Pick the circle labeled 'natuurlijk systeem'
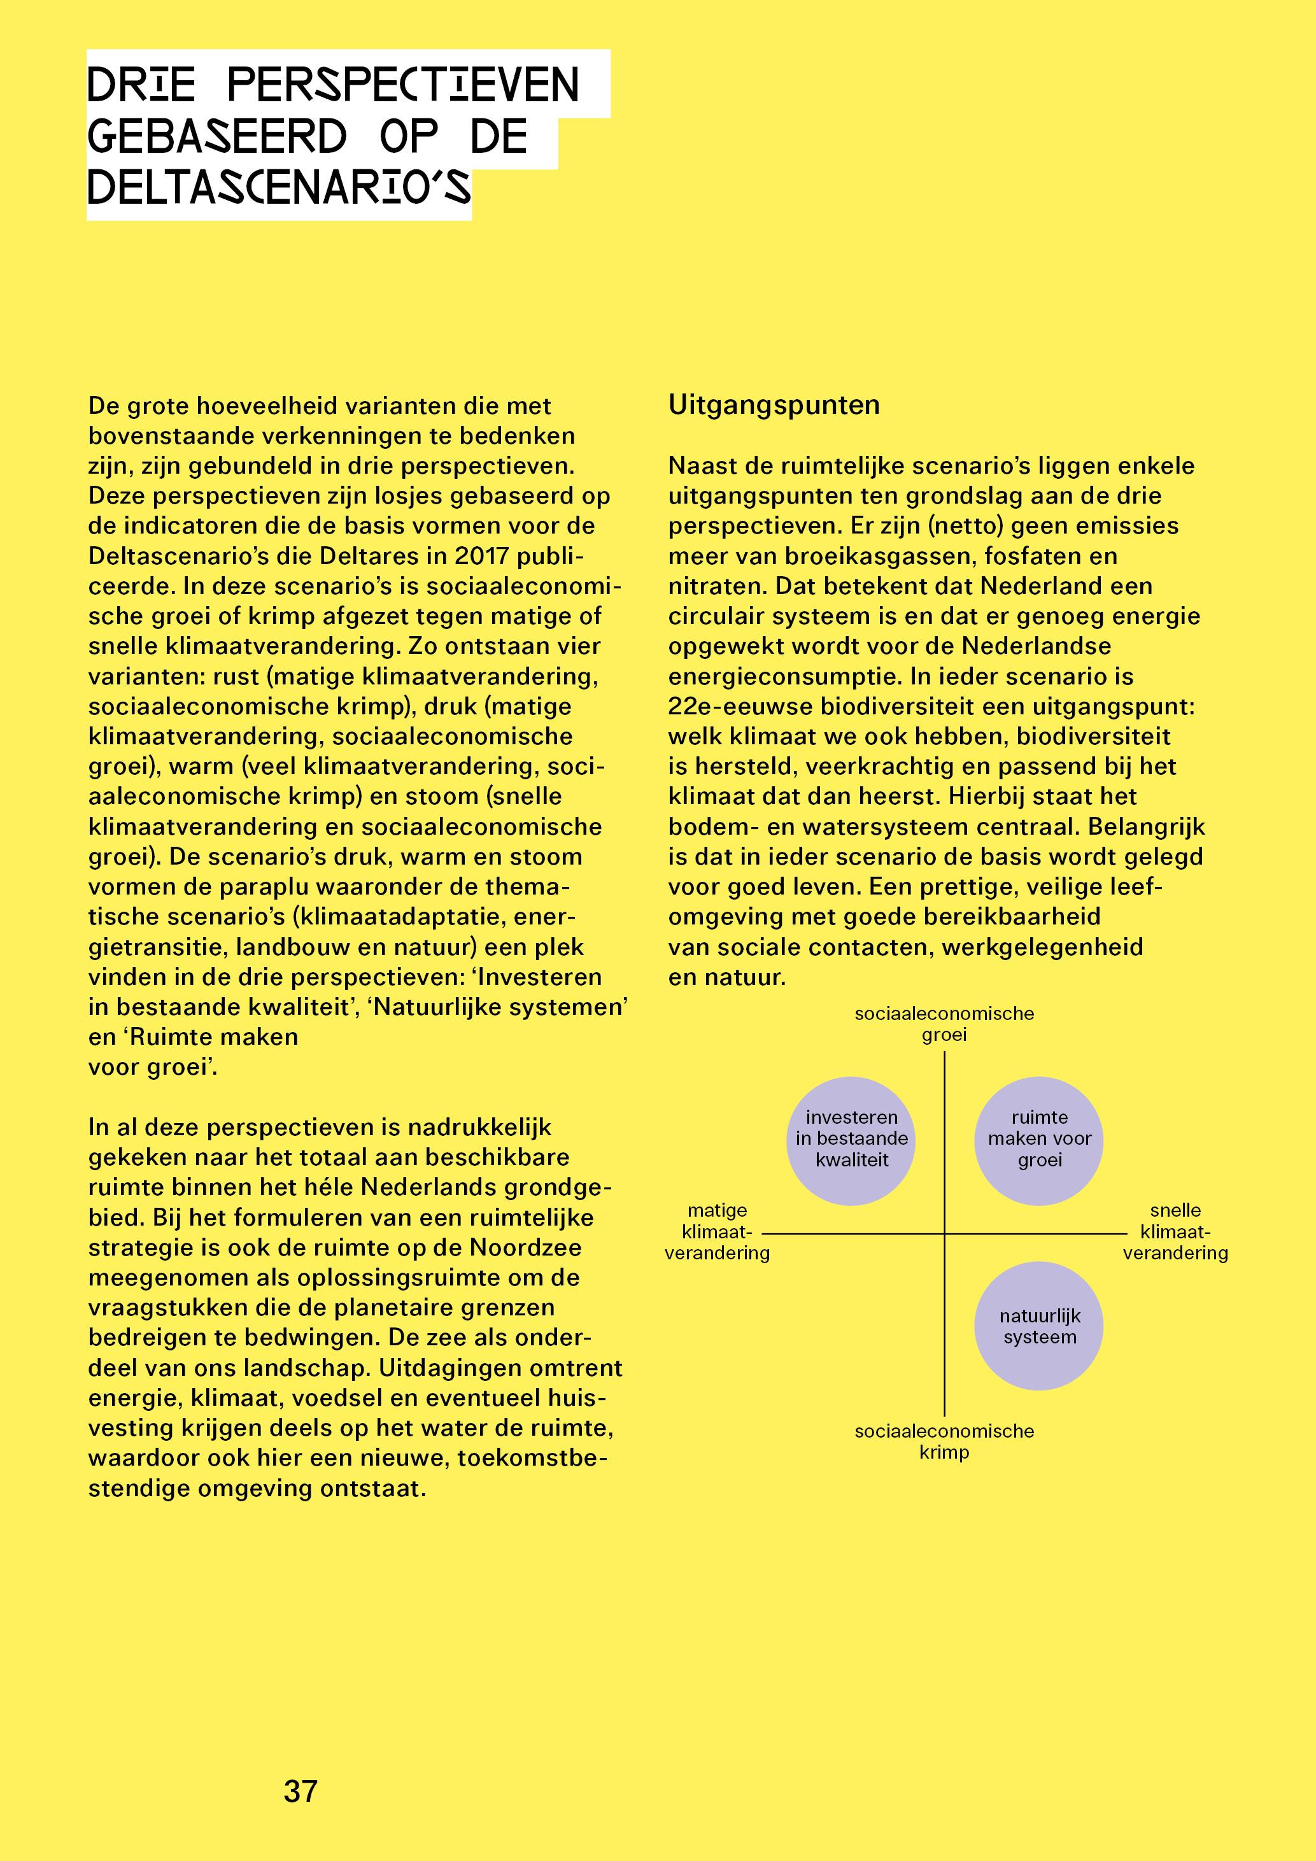click(1039, 1326)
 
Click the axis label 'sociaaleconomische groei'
click(944, 1024)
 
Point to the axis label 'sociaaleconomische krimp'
click(944, 1441)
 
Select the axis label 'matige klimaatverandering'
click(717, 1232)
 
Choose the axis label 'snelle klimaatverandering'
click(1175, 1232)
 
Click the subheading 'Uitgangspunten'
click(774, 404)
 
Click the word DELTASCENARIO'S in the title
click(279, 188)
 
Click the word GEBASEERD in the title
click(217, 136)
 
